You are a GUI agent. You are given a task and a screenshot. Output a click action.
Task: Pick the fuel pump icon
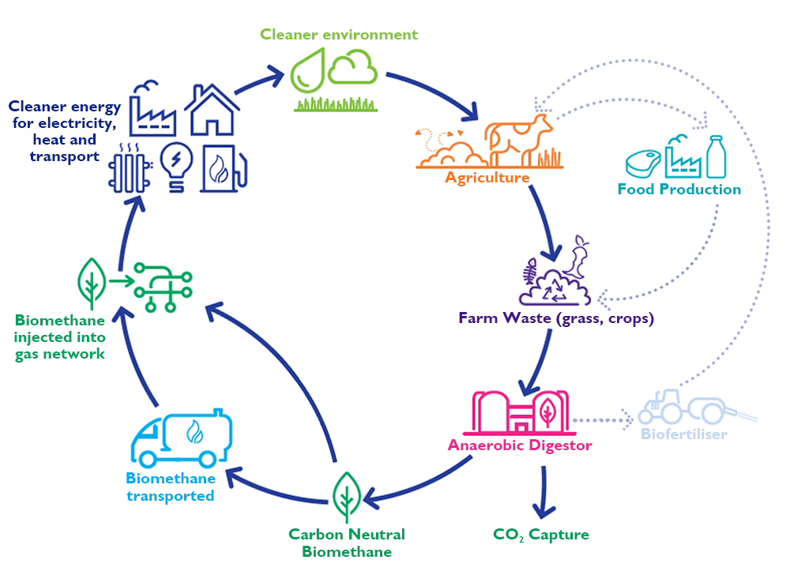pyautogui.click(x=224, y=167)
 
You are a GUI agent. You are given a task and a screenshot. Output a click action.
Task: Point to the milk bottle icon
pyautogui.click(x=716, y=156)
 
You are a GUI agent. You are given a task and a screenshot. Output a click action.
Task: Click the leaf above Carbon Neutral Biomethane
pyautogui.click(x=345, y=494)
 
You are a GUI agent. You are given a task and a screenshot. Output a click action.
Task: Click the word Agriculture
pyautogui.click(x=487, y=178)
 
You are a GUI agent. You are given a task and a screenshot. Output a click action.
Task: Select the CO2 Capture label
pyautogui.click(x=541, y=535)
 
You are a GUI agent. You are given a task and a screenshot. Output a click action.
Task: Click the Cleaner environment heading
pyautogui.click(x=339, y=35)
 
